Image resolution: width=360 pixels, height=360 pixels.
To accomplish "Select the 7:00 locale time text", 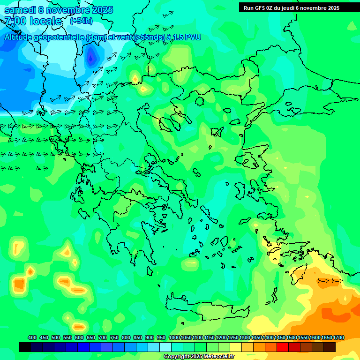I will tap(33, 21).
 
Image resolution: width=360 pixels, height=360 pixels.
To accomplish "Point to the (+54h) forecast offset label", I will tap(81, 21).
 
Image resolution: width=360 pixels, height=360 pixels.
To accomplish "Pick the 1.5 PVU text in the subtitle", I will tap(185, 37).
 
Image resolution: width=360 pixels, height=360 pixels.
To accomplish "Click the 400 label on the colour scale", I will tap(32, 337).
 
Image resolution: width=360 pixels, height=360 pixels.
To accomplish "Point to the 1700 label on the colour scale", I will tap(338, 337).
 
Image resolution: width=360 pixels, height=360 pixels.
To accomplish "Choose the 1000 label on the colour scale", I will tap(174, 337).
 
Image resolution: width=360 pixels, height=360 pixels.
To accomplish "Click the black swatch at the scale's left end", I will tap(25, 347).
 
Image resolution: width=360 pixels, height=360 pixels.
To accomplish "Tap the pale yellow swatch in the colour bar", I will tap(236, 347).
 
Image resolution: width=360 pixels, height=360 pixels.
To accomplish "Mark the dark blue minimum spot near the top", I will tap(91, 58).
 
